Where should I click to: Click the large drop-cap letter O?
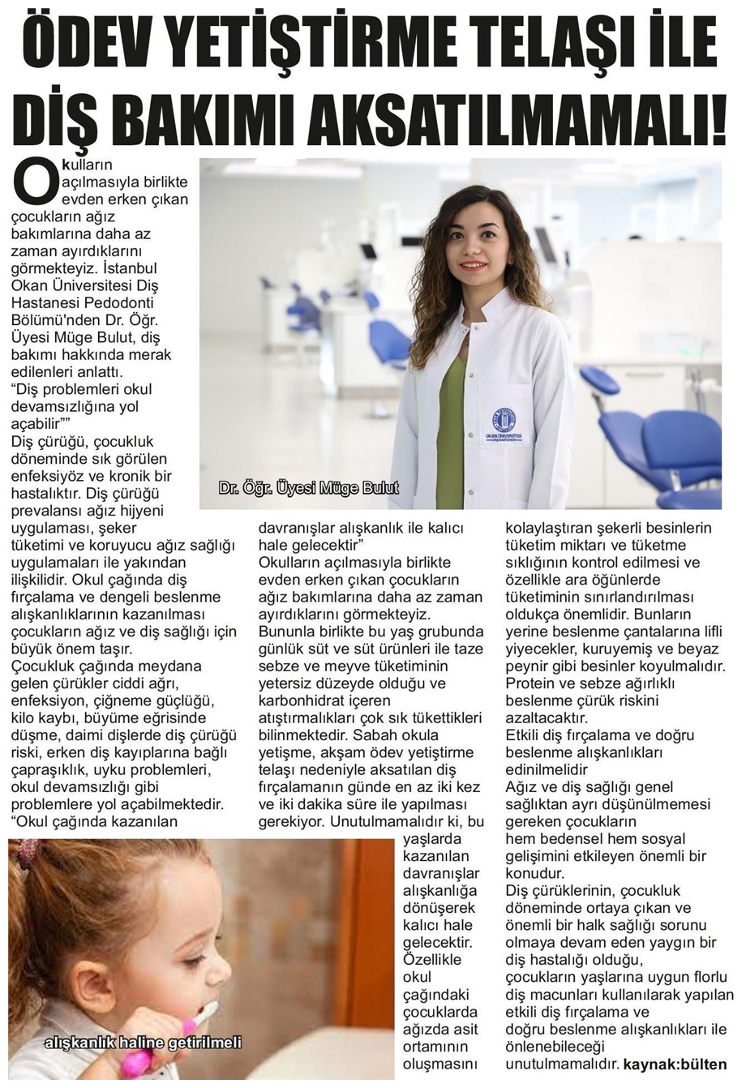coord(35,181)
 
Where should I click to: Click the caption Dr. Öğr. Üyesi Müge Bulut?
coord(308,489)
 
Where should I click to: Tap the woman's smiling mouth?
coord(472,265)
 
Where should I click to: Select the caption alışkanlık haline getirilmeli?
coord(143,1043)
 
